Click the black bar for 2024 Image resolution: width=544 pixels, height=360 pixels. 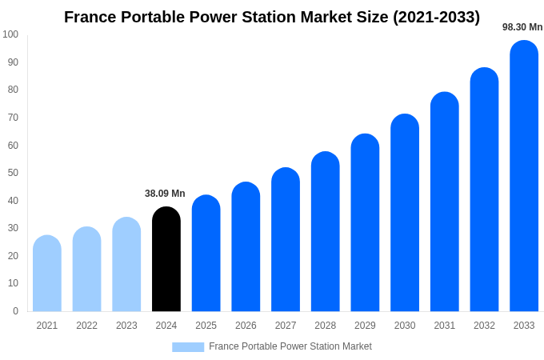point(166,259)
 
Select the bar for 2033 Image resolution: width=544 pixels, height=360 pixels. point(524,176)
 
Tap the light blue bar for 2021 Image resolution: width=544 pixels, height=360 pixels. point(47,274)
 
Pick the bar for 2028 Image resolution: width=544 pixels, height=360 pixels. point(326,232)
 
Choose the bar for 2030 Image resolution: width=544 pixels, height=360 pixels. point(405,213)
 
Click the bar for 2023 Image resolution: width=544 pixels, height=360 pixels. point(126,265)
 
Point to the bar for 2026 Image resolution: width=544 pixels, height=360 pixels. point(246,247)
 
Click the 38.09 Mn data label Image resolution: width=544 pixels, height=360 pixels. point(165,194)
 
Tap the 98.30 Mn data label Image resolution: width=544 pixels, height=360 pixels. point(522,27)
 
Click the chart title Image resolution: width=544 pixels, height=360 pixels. point(272,17)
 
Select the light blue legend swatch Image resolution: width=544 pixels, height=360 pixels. point(188,347)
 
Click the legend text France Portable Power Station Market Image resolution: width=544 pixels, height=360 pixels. point(290,346)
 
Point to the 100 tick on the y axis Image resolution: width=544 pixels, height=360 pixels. point(10,34)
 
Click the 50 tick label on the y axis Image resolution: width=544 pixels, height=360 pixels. point(13,173)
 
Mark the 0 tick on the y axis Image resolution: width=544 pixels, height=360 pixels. point(15,311)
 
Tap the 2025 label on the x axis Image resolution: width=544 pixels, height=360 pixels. point(206,326)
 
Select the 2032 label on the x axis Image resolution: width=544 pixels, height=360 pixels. point(484,326)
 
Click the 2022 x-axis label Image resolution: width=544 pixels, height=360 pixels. point(86,326)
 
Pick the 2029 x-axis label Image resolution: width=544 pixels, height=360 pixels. point(365,326)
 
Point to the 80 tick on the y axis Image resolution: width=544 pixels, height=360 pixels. point(13,90)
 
